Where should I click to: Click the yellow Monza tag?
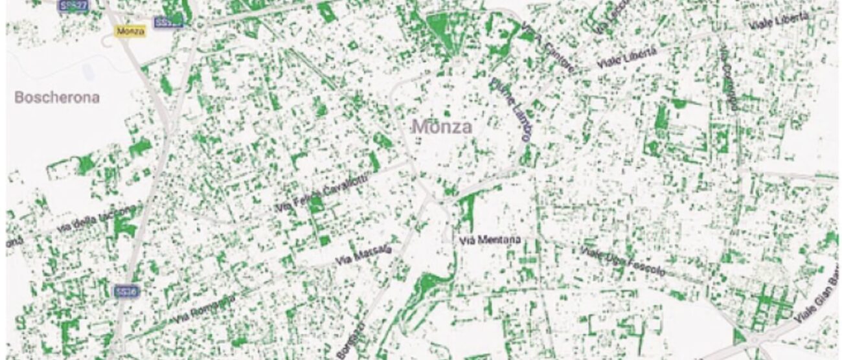(130, 30)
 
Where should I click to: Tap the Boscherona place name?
(57, 98)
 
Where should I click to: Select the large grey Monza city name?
(442, 126)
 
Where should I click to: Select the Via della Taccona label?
(97, 219)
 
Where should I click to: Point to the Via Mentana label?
(490, 240)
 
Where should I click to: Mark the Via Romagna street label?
(203, 310)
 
